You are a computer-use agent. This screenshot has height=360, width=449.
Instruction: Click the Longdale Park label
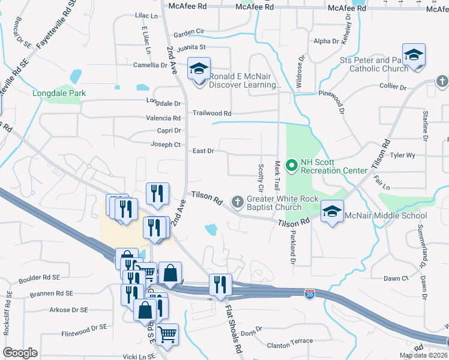point(59,93)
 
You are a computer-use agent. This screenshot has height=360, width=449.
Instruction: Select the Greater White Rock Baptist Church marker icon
point(238,202)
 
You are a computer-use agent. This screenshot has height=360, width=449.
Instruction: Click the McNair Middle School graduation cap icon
point(332,212)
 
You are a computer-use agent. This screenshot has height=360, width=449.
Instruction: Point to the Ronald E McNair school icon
point(197,70)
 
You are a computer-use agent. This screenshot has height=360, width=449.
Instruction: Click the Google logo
point(20,353)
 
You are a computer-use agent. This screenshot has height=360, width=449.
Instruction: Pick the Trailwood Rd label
point(212,113)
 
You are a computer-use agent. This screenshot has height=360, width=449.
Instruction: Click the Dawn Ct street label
point(396,278)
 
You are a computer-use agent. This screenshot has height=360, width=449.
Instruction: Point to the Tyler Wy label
point(402,155)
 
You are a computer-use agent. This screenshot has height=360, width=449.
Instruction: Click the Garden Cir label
point(189,31)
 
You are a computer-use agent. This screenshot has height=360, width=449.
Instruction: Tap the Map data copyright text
point(423,355)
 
